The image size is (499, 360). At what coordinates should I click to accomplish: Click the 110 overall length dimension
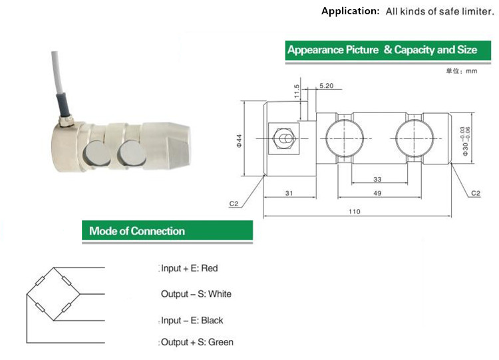(353, 212)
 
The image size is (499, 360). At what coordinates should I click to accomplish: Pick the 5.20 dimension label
(327, 87)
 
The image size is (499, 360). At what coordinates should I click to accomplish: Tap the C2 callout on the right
(475, 193)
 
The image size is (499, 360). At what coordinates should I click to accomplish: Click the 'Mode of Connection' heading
(137, 232)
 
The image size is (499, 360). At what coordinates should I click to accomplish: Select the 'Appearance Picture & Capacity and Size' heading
(382, 50)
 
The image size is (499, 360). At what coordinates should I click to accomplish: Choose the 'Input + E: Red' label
(189, 268)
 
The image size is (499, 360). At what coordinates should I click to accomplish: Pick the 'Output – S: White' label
(196, 293)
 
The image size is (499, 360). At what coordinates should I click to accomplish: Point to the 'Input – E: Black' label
(192, 320)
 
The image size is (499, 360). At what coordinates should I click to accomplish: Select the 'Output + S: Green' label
(197, 342)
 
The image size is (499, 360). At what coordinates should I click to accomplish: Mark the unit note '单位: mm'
(462, 71)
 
